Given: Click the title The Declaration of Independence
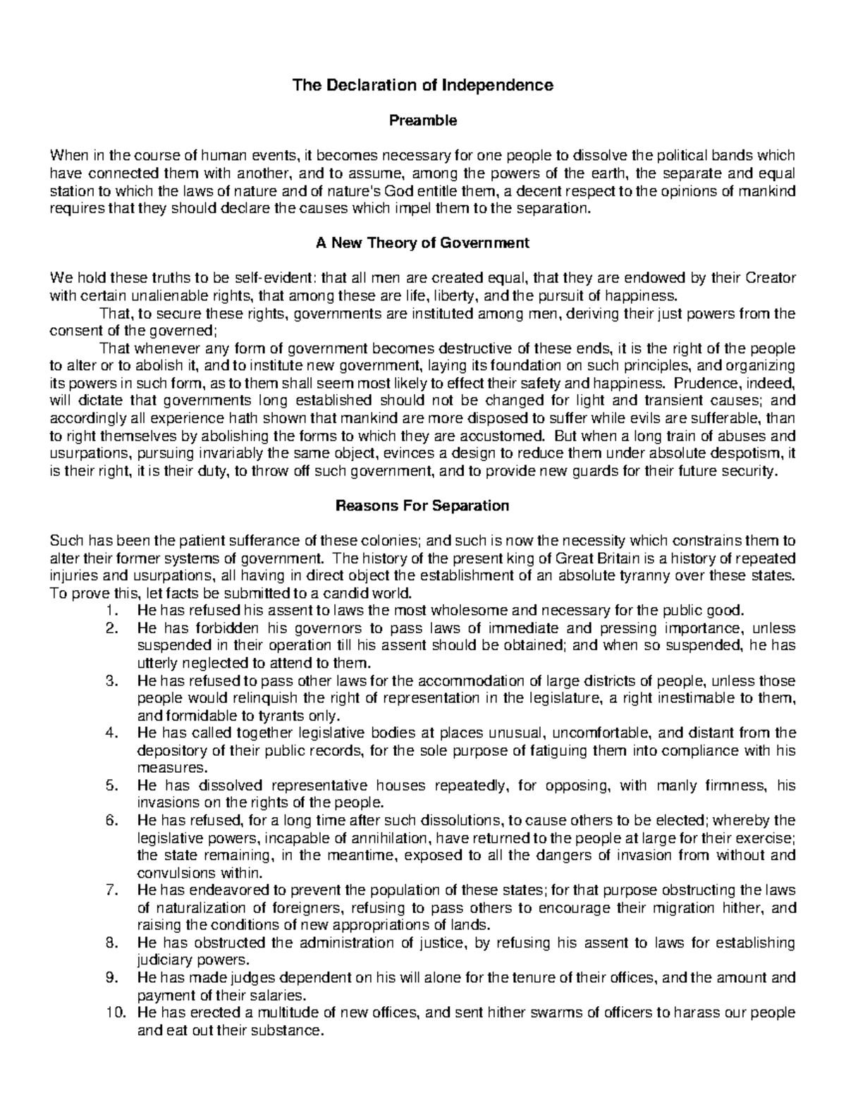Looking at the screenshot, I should pyautogui.click(x=423, y=85).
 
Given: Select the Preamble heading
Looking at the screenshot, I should pyautogui.click(x=423, y=121).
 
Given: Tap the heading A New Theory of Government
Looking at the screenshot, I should pyautogui.click(x=423, y=243).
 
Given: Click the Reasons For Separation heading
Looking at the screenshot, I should pyautogui.click(x=423, y=506).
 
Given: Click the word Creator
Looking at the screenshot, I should pyautogui.click(x=771, y=279).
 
